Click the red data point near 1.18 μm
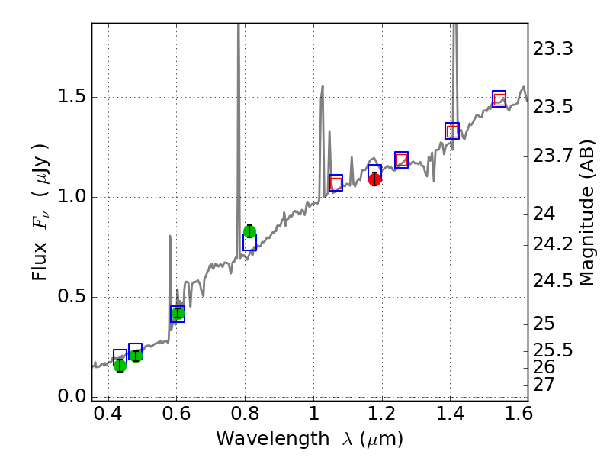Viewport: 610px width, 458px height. point(374,179)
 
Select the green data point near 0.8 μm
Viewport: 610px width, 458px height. point(249,231)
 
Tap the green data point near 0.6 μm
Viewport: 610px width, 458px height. point(178,312)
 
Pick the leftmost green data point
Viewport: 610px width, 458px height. point(120,366)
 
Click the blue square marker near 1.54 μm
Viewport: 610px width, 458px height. point(499,98)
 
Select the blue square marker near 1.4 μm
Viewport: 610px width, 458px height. point(452,131)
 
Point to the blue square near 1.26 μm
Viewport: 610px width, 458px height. point(402,160)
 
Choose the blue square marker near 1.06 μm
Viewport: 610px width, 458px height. point(336,182)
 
